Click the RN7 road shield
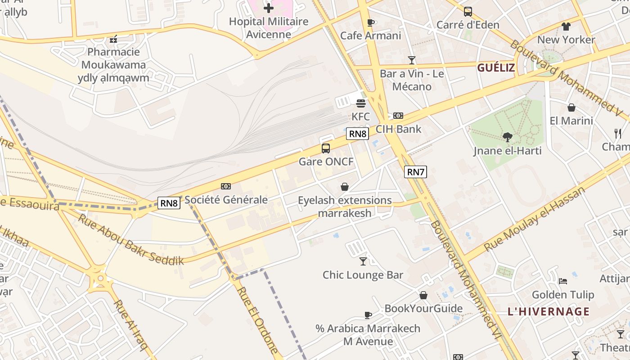[415, 171]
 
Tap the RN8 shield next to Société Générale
[169, 203]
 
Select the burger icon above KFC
[360, 103]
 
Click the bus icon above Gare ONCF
[326, 148]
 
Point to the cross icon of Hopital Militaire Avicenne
[269, 8]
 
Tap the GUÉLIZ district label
[496, 68]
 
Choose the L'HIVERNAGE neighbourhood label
[548, 311]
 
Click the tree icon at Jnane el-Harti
[507, 137]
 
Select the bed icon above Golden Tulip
[563, 281]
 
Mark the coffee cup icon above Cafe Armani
[370, 22]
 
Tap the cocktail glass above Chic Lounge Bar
[363, 261]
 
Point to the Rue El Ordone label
[258, 320]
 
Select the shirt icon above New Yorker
[566, 27]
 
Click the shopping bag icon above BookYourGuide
[423, 295]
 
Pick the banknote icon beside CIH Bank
[398, 116]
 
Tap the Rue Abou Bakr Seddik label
[131, 239]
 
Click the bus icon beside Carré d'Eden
[468, 12]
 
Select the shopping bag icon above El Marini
[571, 108]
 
